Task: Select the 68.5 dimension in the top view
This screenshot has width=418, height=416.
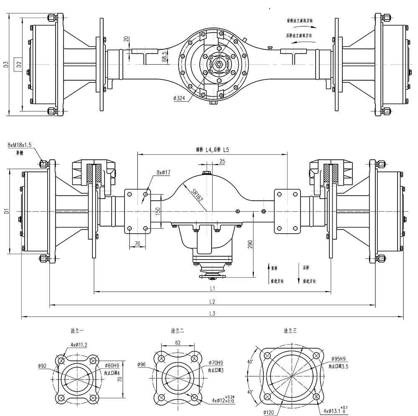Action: coord(165,56)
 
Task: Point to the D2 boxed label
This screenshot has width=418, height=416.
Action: coord(18,64)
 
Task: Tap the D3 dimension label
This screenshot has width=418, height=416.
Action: coord(6,64)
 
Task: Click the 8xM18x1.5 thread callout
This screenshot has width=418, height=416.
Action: coord(19,145)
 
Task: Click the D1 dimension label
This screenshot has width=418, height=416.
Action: coord(6,212)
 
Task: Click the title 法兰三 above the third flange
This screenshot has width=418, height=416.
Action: coord(290,330)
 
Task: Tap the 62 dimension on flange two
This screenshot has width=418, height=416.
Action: coord(178,342)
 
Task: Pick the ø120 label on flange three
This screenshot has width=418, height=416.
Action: coord(269,412)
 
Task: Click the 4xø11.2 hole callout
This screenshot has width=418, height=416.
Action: coord(79,345)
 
